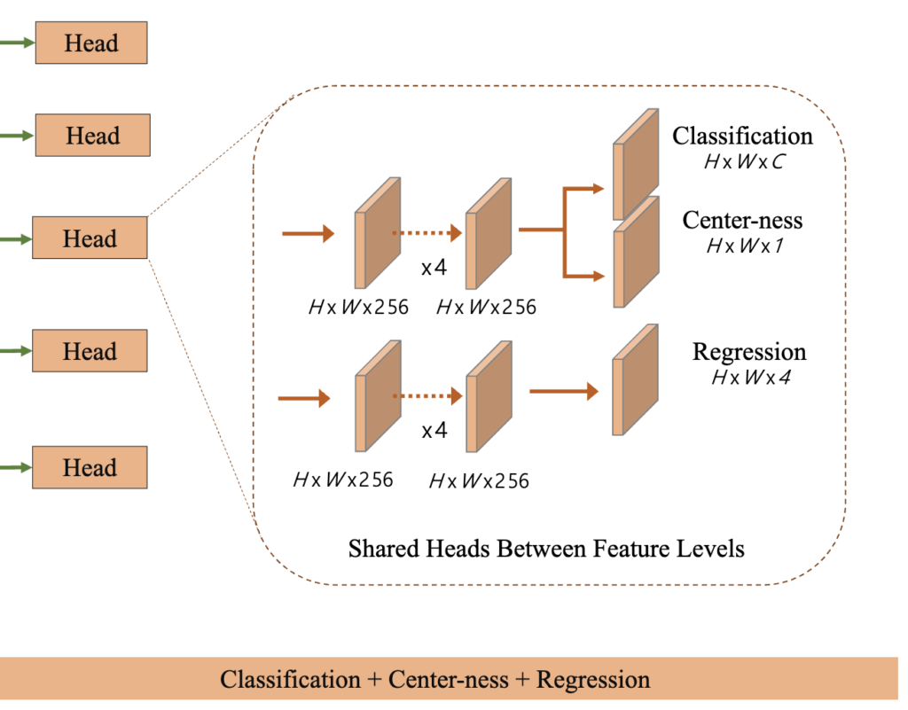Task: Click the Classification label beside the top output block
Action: pos(742,136)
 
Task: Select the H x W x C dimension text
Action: pos(742,163)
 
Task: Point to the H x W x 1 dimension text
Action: pos(741,247)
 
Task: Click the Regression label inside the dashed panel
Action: pos(749,351)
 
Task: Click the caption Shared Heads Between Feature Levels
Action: pos(546,549)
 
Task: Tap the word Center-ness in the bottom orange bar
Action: pos(449,680)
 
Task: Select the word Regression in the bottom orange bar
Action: pos(593,680)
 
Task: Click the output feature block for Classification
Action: pos(637,163)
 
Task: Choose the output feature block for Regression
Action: pos(636,383)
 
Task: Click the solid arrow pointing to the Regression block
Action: pos(564,390)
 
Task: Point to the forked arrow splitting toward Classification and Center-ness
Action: pos(565,230)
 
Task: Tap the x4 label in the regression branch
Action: pos(434,431)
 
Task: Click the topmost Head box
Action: pos(91,43)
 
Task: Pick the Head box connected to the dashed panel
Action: pos(90,238)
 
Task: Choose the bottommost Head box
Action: pos(90,467)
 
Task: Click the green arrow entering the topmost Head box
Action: pos(17,43)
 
